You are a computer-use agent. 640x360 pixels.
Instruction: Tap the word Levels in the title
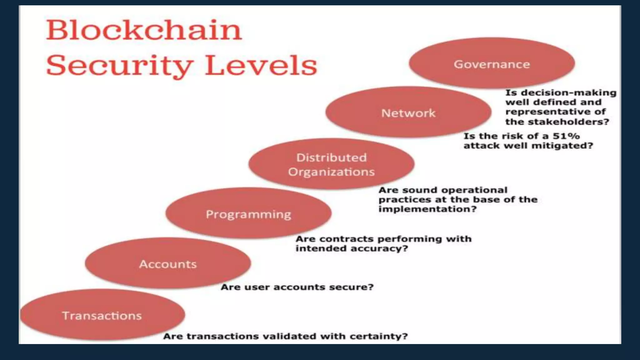click(x=261, y=65)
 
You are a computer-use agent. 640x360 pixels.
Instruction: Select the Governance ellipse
click(x=492, y=63)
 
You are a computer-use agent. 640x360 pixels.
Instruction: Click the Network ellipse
click(x=408, y=112)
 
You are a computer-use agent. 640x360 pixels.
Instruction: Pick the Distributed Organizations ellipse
click(x=331, y=164)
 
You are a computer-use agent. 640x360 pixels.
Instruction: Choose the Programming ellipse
click(x=248, y=214)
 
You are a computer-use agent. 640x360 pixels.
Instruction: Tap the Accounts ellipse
click(x=168, y=263)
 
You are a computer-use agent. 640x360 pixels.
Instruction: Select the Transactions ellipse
click(x=102, y=315)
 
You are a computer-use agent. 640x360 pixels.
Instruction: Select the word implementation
click(x=427, y=209)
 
